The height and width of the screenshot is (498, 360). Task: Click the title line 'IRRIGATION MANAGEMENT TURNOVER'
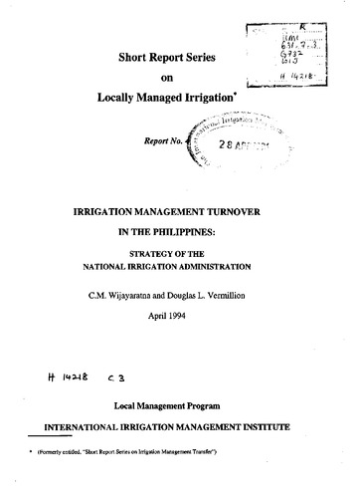pos(180,213)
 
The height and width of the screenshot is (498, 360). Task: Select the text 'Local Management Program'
pos(179,408)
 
